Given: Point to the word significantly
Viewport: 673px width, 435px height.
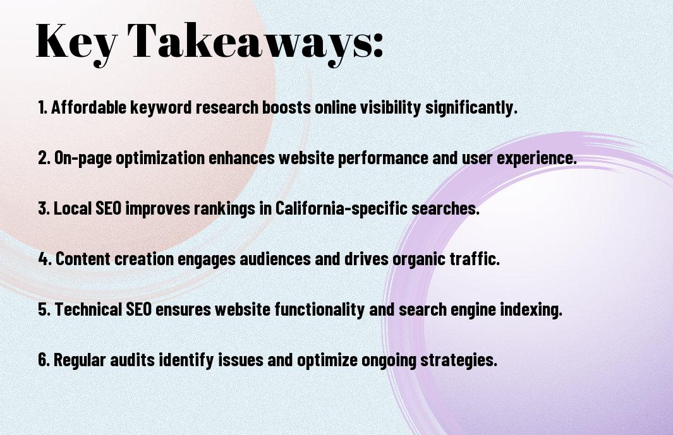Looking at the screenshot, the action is pyautogui.click(x=471, y=108).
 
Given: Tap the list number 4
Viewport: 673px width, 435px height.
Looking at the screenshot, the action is pyautogui.click(x=45, y=259).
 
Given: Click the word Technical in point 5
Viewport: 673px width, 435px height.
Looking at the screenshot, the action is pyautogui.click(x=88, y=309).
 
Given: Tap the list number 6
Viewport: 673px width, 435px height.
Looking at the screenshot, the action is pyautogui.click(x=44, y=359).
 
